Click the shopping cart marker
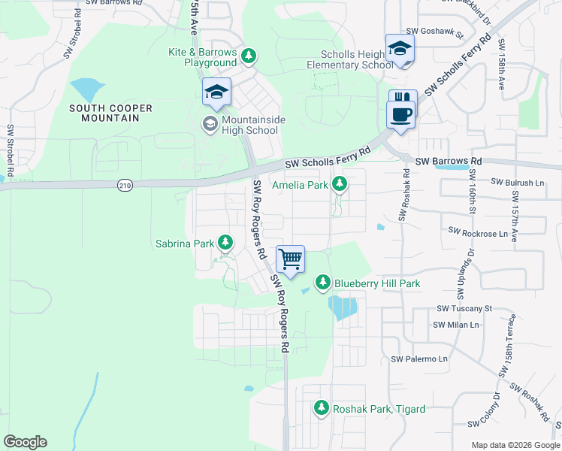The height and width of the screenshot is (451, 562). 290,259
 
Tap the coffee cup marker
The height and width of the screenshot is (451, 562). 400,115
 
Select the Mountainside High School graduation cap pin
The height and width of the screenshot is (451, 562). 216,92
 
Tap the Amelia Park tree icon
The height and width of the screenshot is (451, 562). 340,183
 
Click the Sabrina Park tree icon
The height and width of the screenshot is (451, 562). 225,242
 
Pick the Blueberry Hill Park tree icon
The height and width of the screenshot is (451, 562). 323,283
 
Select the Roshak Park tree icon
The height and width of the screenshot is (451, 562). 322,408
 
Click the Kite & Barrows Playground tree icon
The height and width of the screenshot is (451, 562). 249,56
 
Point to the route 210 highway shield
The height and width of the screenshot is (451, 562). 125,184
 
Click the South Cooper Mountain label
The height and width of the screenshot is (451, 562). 111,113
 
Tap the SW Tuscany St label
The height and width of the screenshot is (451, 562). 464,309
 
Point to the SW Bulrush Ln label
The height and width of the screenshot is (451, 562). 517,183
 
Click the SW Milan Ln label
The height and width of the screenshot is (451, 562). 456,324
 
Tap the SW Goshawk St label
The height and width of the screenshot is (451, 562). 432,32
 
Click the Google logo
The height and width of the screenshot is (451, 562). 25,442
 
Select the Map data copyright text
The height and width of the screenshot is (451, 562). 515,445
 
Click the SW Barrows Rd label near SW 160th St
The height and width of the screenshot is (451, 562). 448,162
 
